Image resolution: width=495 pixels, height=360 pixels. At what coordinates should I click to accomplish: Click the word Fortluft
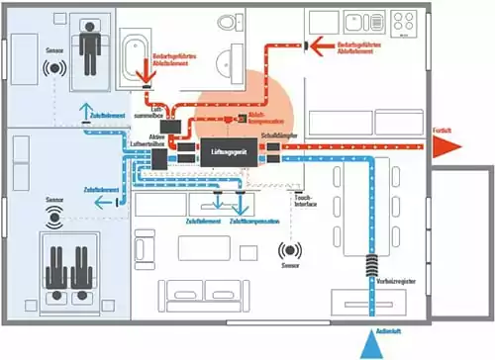click(442, 130)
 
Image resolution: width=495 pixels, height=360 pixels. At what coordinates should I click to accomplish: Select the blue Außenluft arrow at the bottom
click(370, 343)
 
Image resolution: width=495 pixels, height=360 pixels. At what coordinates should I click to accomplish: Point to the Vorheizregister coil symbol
click(371, 267)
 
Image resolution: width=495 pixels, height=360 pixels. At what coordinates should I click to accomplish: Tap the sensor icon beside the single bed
click(54, 70)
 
